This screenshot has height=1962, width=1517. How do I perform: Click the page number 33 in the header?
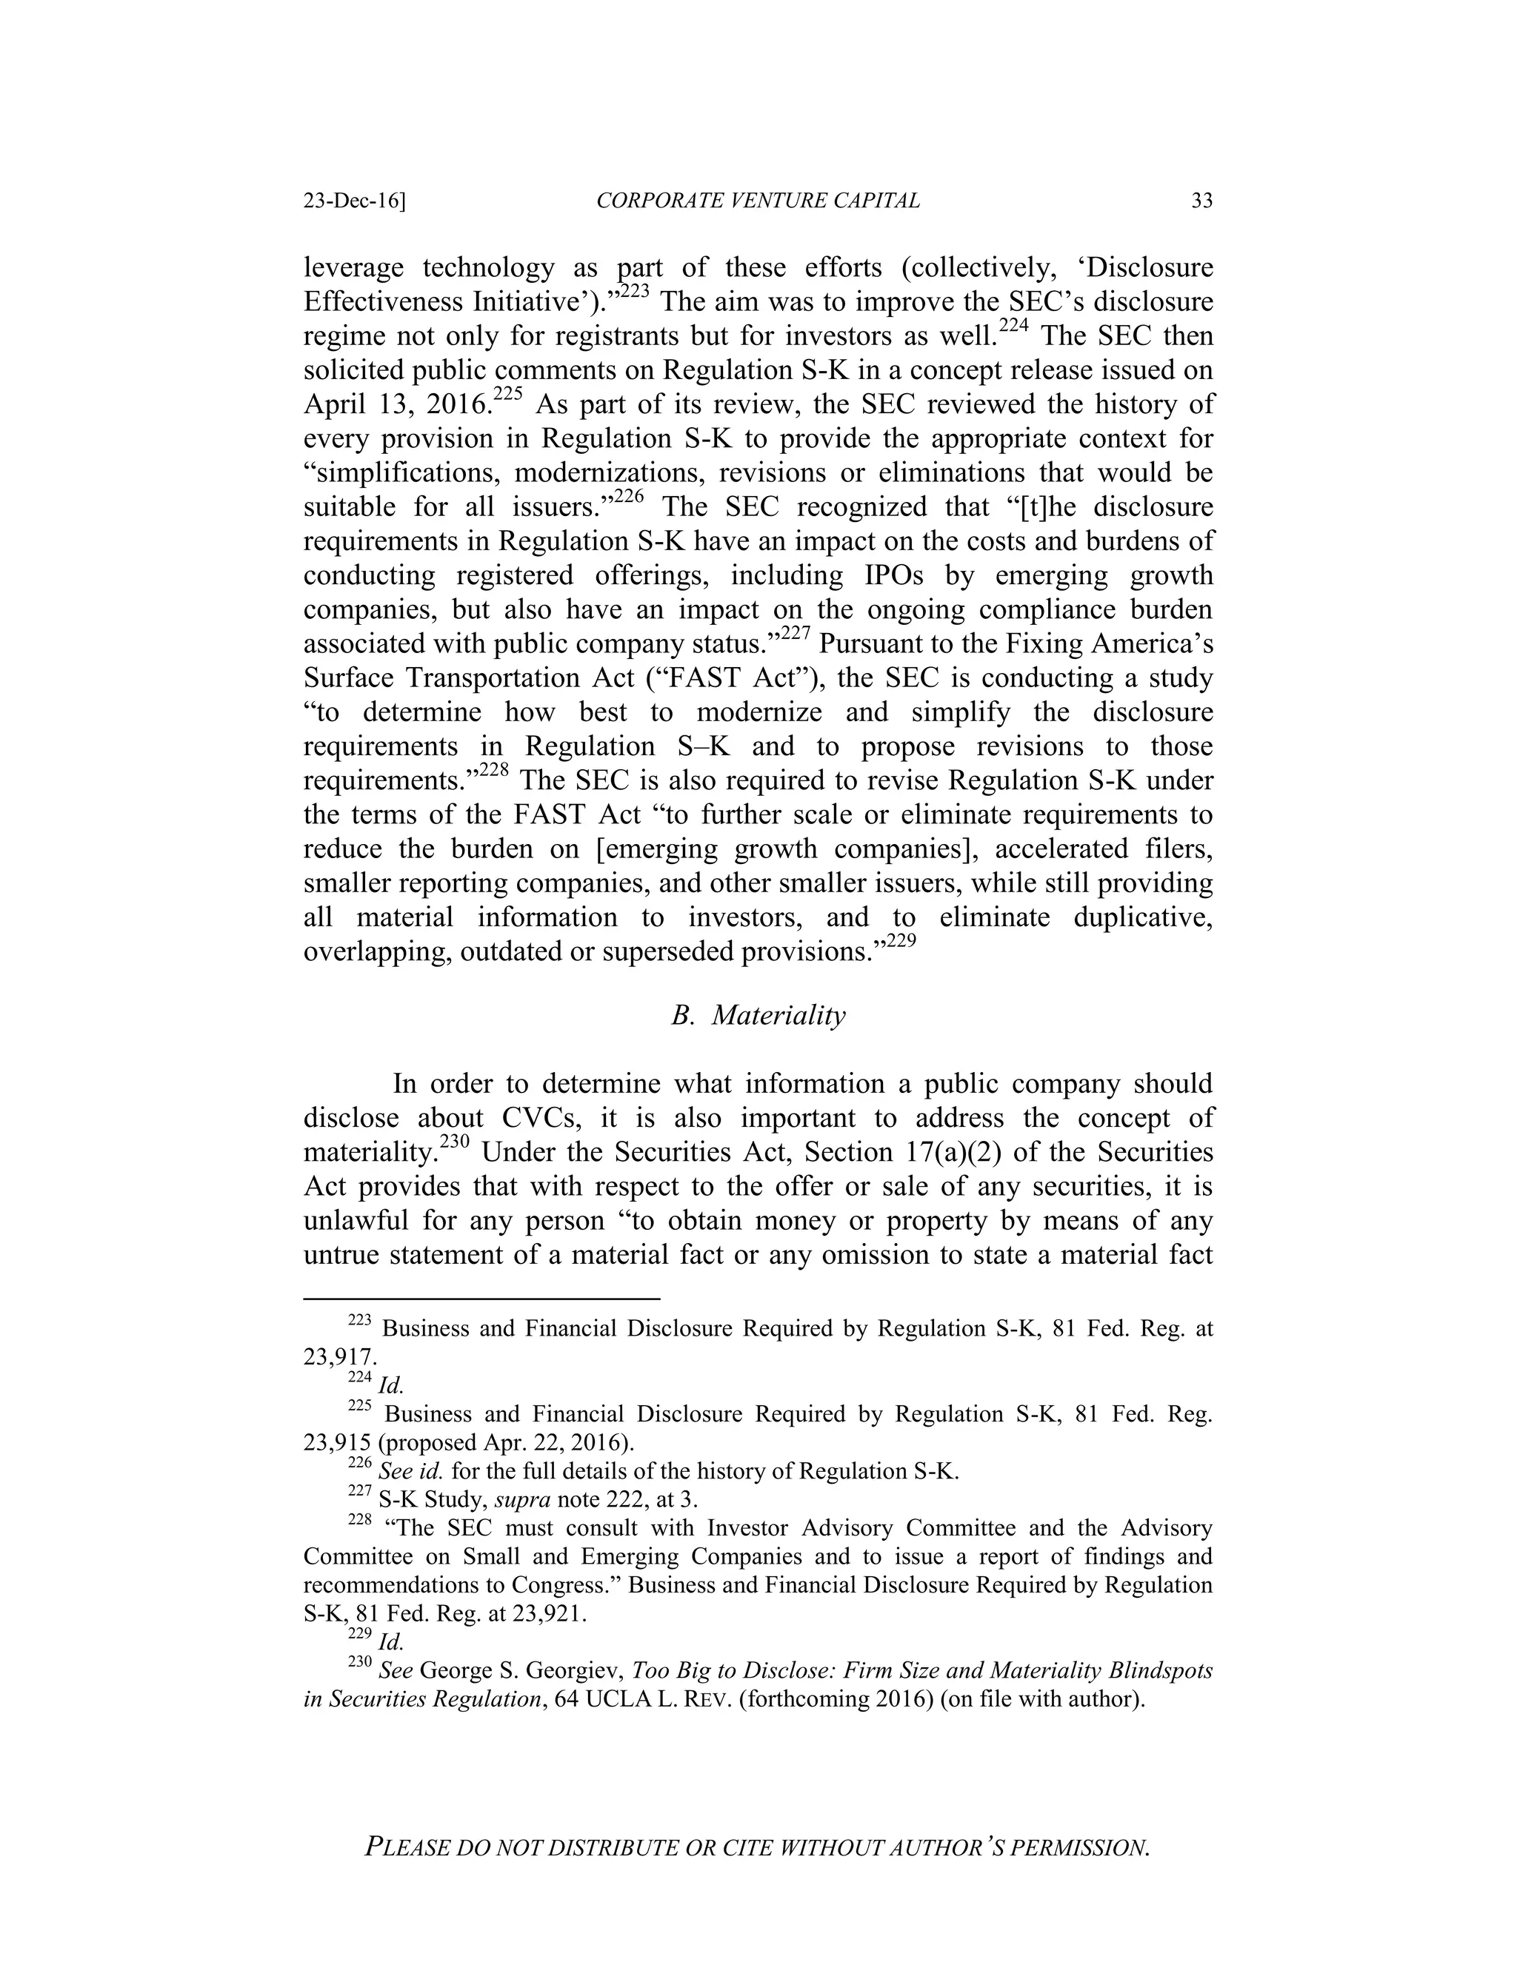(1201, 201)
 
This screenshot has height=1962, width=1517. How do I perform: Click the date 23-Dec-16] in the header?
(354, 201)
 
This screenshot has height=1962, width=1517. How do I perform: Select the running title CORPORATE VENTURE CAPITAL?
(758, 201)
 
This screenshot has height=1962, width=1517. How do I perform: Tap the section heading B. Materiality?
(758, 1016)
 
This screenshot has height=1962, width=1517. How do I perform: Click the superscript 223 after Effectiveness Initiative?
(635, 291)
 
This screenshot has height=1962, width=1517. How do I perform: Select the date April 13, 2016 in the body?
(396, 405)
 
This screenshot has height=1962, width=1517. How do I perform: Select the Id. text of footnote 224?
(391, 1386)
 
